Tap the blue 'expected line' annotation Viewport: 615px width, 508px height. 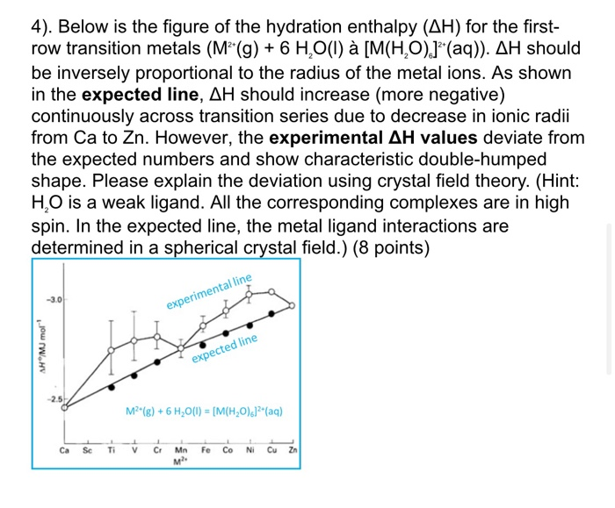coord(225,348)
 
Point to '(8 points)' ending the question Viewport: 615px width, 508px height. coord(389,247)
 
